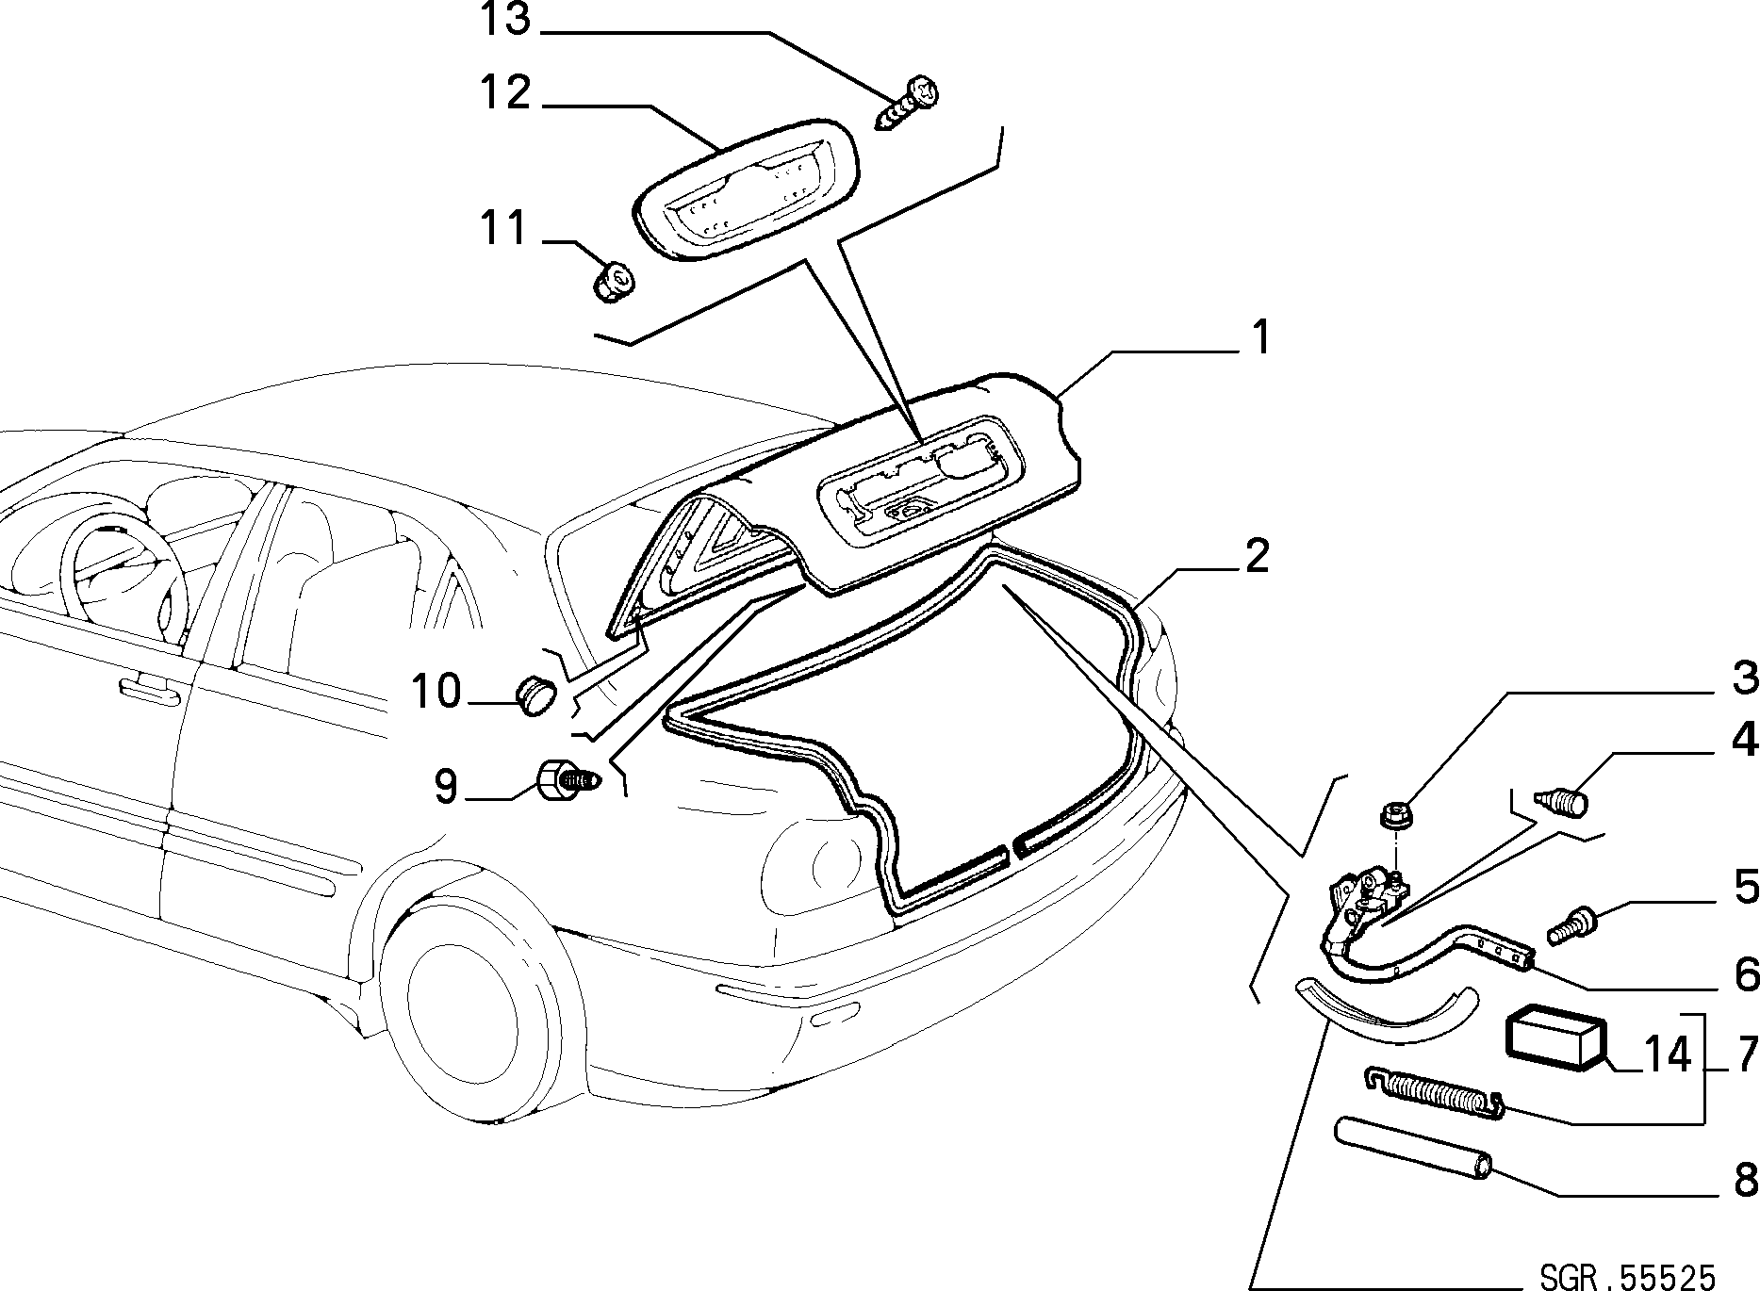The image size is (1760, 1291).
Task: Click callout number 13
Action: pos(507,21)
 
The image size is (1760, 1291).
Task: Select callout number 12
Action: pos(506,93)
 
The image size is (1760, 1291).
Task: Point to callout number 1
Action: pos(1260,339)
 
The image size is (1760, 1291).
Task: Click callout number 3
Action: pos(1745,679)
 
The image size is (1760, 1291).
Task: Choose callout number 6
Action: pos(1746,975)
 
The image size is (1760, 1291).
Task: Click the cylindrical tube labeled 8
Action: pos(1414,1146)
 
